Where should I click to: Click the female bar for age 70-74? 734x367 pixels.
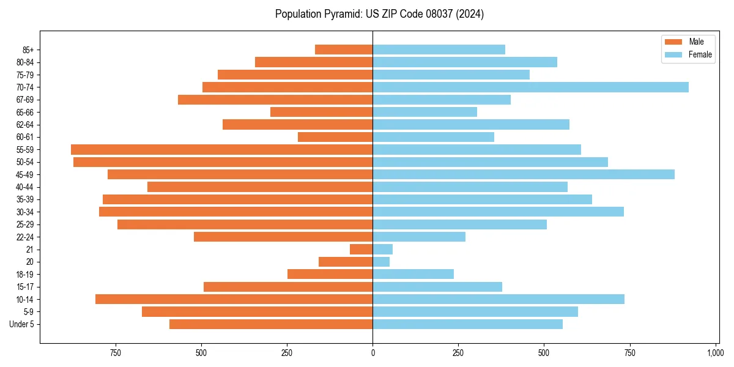[530, 87]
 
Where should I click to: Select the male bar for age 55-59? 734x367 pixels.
[221, 149]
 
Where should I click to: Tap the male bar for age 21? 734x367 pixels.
[361, 249]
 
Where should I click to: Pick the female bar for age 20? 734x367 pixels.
[381, 262]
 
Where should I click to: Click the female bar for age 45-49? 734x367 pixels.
[524, 174]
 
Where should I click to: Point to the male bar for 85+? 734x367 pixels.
[344, 50]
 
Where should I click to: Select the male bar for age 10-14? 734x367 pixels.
[234, 299]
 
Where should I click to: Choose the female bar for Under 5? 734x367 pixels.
[467, 324]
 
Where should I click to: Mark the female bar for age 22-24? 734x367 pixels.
[419, 237]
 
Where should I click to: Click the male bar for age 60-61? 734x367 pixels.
[335, 137]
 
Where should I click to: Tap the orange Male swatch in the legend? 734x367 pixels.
[673, 42]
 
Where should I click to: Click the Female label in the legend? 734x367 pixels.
[700, 54]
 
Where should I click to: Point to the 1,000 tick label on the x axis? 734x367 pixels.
[715, 353]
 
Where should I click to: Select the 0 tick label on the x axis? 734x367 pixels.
[373, 353]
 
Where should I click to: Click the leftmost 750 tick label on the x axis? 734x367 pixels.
[115, 353]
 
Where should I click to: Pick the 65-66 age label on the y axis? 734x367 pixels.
[25, 112]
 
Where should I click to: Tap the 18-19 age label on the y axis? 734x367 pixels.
[25, 274]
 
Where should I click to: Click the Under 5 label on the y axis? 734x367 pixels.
[22, 324]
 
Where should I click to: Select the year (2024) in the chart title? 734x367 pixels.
[471, 14]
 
